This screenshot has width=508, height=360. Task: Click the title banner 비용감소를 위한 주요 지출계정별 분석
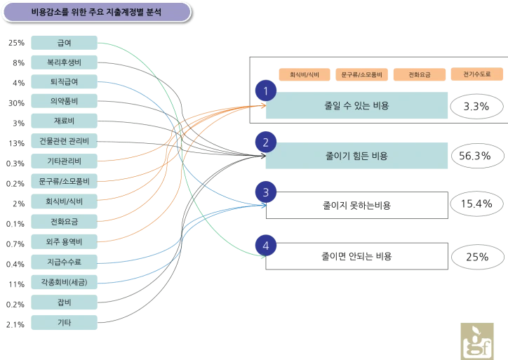tap(97, 13)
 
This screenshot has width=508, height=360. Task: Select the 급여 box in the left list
tap(64, 43)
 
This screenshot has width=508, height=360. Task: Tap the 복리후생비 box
tap(64, 62)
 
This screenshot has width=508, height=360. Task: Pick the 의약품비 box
tap(64, 101)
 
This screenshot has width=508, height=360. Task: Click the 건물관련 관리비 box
tap(64, 141)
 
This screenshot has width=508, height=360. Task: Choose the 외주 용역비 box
tap(64, 241)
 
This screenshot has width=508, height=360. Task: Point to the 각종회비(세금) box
tap(64, 282)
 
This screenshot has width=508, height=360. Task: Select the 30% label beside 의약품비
tap(17, 103)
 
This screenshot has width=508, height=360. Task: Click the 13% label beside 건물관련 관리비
tap(17, 143)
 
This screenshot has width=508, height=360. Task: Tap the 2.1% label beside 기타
tap(15, 324)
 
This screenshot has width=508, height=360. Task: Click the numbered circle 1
tap(266, 91)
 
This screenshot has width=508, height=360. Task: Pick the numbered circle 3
tap(266, 192)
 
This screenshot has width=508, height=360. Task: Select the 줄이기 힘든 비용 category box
tap(356, 156)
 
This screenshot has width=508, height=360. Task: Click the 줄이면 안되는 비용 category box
tap(356, 256)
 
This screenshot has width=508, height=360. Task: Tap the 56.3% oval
tap(474, 156)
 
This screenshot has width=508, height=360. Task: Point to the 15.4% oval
tap(476, 204)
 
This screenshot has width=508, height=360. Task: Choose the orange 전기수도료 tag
tap(477, 74)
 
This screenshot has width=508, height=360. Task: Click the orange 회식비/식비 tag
tap(305, 74)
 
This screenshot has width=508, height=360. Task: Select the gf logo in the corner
tap(477, 341)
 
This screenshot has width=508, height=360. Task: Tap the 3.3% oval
tap(476, 106)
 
